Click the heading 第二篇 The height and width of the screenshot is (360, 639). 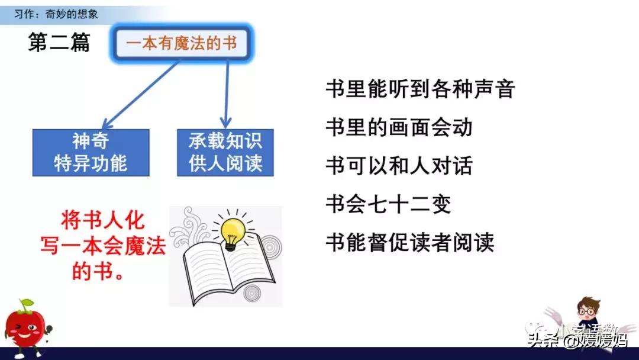(59, 43)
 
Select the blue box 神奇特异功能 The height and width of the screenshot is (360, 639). (91, 152)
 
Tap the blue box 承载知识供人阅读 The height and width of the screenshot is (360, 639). (225, 152)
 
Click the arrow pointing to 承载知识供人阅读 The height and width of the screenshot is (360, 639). (226, 95)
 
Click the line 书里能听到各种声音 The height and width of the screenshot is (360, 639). (420, 89)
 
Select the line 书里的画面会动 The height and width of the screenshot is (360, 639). (399, 127)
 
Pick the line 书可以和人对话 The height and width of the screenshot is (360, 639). (399, 165)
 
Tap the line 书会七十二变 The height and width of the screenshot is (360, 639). (388, 204)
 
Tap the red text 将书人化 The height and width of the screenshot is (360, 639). (102, 220)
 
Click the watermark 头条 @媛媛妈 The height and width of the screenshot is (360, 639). (577, 340)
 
